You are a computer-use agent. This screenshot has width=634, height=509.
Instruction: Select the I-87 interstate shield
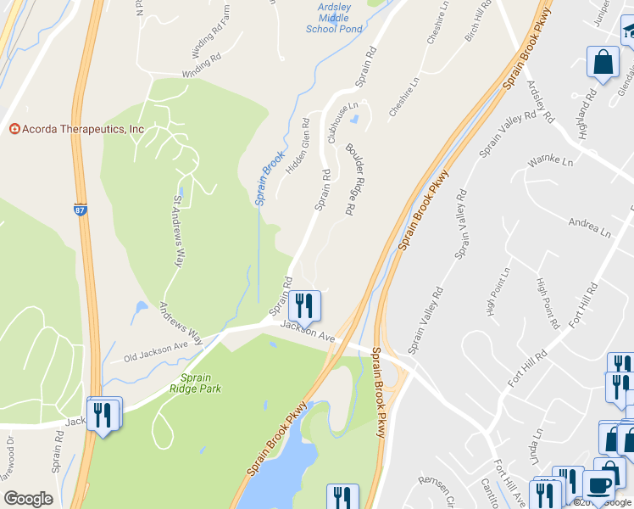pyautogui.click(x=80, y=208)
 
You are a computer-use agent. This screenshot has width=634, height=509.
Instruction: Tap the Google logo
pyautogui.click(x=29, y=499)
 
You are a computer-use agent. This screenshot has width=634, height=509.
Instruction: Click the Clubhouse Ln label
pyautogui.click(x=344, y=120)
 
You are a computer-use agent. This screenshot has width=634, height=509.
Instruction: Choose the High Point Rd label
pyautogui.click(x=548, y=303)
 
